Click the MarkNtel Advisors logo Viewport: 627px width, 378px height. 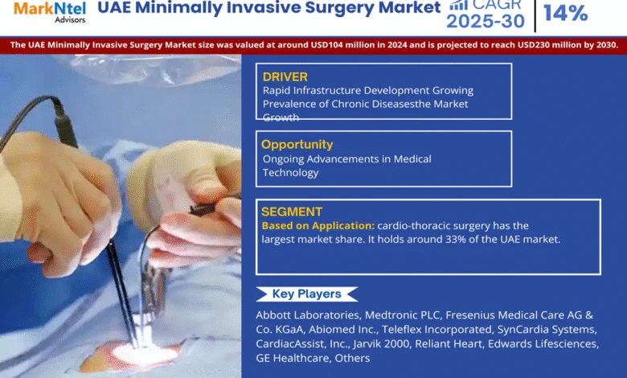pos(50,12)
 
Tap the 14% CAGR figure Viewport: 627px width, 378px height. pos(565,13)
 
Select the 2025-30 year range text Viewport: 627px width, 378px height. pos(486,21)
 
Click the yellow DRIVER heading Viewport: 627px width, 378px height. pos(285,76)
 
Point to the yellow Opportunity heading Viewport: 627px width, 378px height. pos(297,145)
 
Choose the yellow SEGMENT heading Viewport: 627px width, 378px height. pos(292,212)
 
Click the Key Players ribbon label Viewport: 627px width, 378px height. pos(307,294)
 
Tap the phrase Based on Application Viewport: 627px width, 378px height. pos(318,226)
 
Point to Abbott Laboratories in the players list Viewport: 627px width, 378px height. pos(309,315)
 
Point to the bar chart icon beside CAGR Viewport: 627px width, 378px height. pos(459,5)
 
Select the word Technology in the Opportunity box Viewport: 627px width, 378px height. pos(291,173)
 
